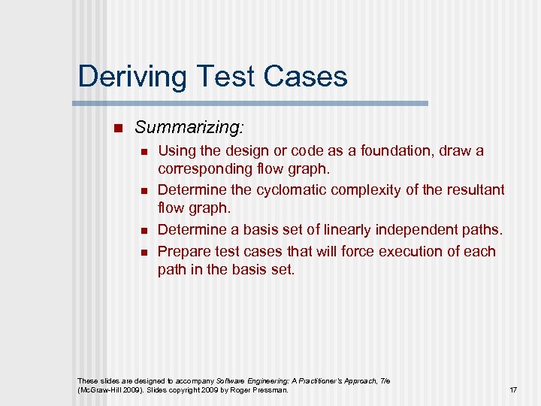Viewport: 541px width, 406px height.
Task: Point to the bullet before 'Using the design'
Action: pyautogui.click(x=146, y=152)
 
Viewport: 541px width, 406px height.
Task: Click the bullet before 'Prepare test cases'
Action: pyautogui.click(x=146, y=253)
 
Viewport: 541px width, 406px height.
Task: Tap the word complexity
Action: pyautogui.click(x=371, y=190)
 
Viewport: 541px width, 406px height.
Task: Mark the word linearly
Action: pyautogui.click(x=337, y=229)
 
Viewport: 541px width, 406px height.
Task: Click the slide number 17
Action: pyautogui.click(x=513, y=390)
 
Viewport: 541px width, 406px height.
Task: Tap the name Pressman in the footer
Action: pyautogui.click(x=270, y=390)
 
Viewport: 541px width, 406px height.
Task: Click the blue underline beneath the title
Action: pyautogui.click(x=252, y=103)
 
